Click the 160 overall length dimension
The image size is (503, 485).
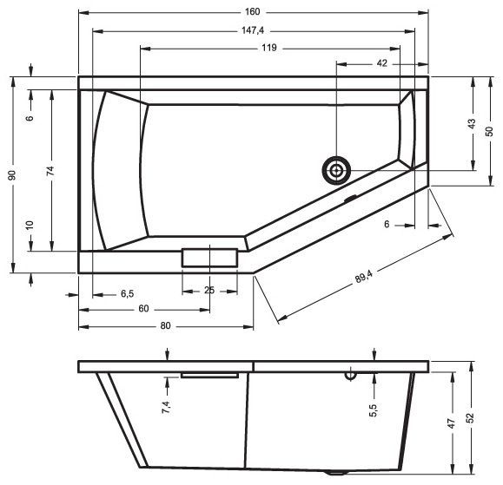click(253, 12)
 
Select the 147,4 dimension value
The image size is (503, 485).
click(253, 30)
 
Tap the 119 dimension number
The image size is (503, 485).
click(268, 48)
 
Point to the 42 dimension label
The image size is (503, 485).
click(381, 63)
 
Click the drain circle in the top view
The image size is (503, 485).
click(336, 170)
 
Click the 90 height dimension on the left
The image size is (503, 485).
click(12, 175)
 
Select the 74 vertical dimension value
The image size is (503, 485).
click(50, 171)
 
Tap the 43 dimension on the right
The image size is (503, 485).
click(472, 124)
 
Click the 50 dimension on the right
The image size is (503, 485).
click(489, 131)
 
